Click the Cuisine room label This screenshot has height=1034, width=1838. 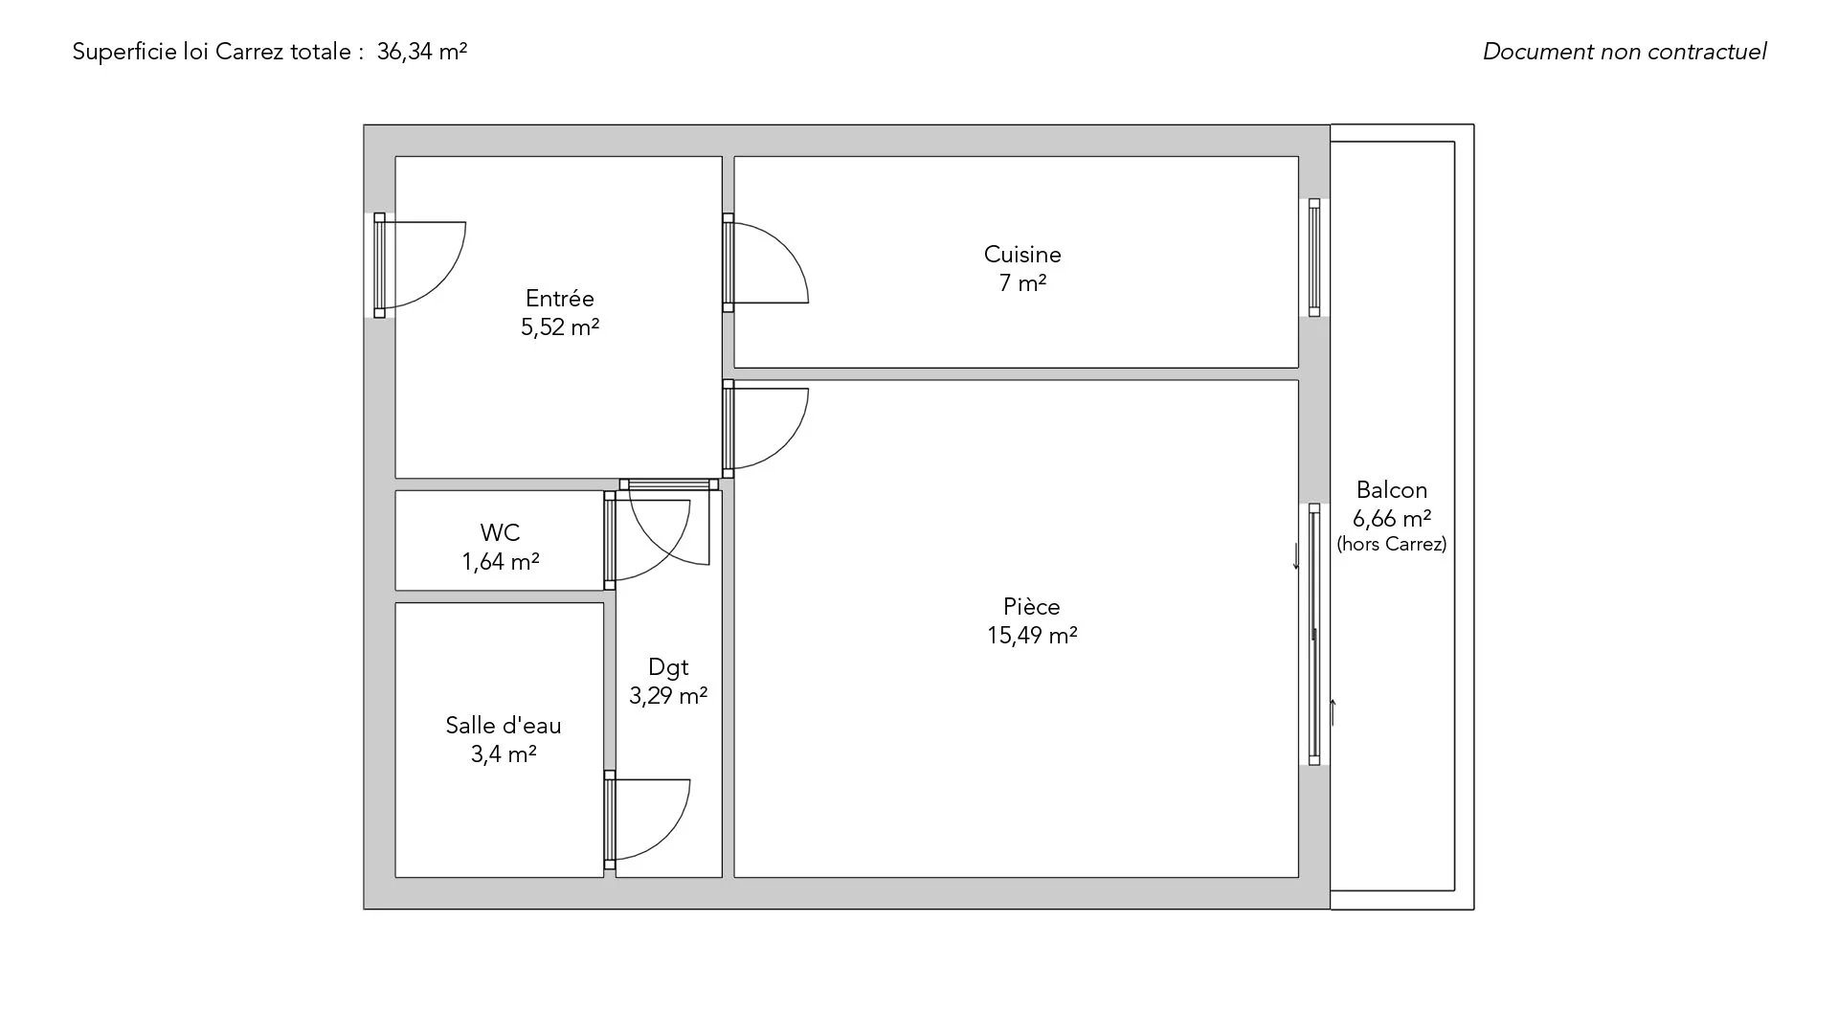click(x=1022, y=255)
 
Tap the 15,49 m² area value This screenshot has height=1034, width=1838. click(x=1032, y=636)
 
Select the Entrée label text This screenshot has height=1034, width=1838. click(x=560, y=299)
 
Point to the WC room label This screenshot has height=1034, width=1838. click(x=500, y=533)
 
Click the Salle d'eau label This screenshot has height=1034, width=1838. click(x=504, y=726)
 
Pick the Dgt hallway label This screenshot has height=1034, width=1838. click(x=668, y=667)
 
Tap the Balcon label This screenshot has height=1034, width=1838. click(x=1392, y=490)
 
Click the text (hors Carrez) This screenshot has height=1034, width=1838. click(x=1392, y=544)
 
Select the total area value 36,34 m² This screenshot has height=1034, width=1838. click(x=422, y=52)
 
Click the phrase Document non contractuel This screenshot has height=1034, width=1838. click(x=1625, y=52)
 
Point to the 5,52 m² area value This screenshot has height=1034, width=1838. click(x=560, y=327)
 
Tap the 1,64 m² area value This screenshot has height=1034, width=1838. click(x=501, y=562)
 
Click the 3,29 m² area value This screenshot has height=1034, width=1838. click(x=668, y=696)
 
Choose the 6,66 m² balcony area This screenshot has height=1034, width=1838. click(x=1392, y=519)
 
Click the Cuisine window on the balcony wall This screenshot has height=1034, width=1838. click(x=1314, y=258)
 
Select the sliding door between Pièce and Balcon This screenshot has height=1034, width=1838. click(x=1314, y=634)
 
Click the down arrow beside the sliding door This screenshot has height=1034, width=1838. click(x=1297, y=556)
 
